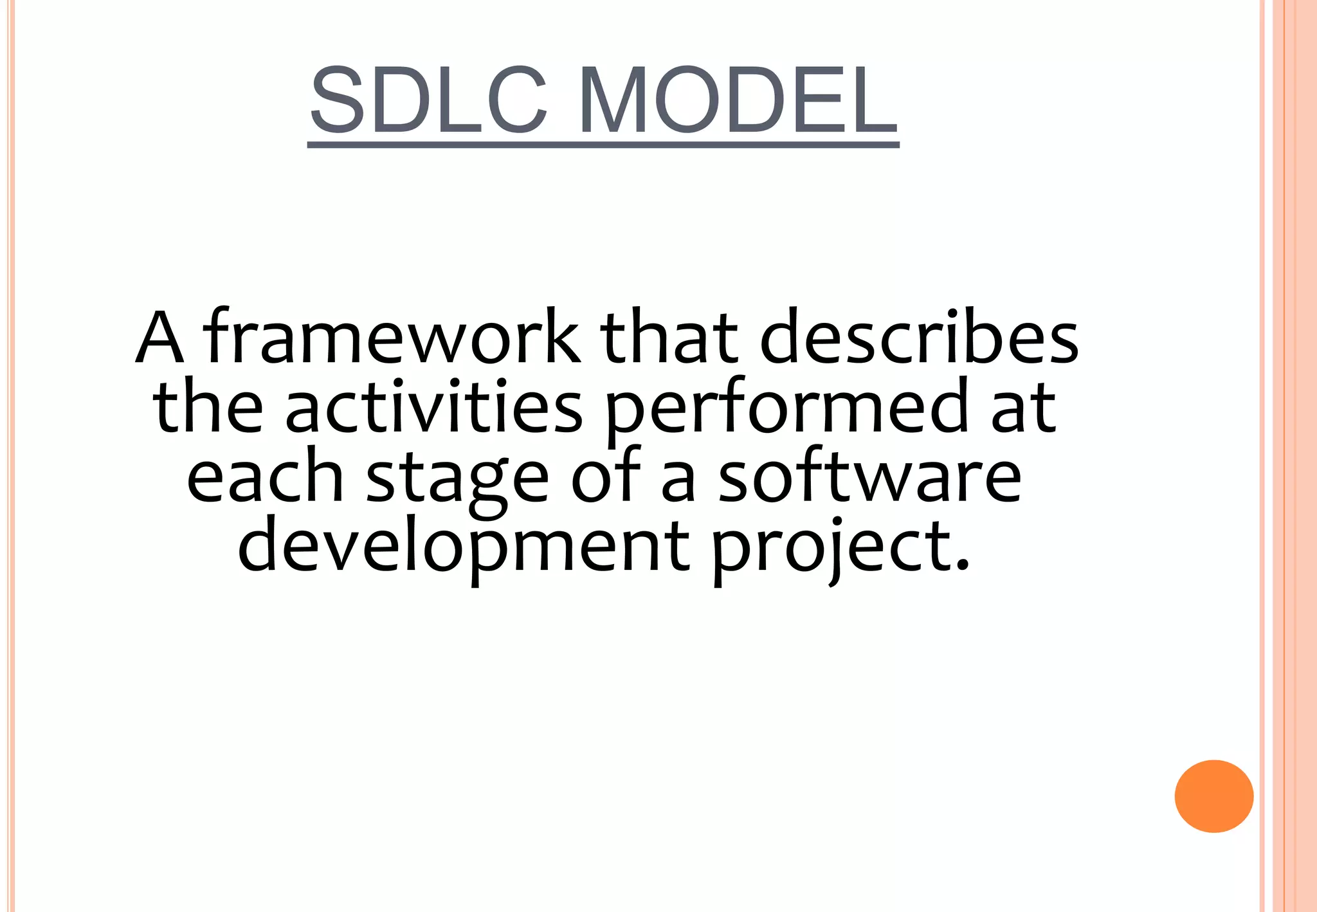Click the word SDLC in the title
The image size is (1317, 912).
[x=428, y=101]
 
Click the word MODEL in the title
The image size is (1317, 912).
[x=738, y=101]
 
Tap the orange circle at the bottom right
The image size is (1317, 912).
[x=1213, y=796]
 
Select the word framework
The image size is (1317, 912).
[x=392, y=337]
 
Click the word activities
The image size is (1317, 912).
[x=433, y=407]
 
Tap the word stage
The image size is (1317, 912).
[x=457, y=480]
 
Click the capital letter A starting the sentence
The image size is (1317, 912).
[x=160, y=338]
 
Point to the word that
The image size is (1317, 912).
[x=669, y=337]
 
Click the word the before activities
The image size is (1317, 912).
[x=208, y=407]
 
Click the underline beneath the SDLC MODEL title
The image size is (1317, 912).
[x=603, y=145]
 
